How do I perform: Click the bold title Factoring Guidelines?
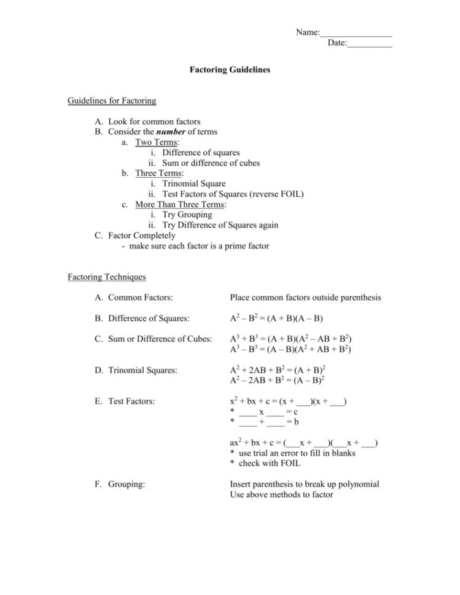click(x=230, y=70)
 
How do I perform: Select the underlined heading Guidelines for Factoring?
click(x=112, y=101)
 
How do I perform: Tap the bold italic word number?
click(x=171, y=132)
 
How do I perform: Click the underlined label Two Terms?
click(x=153, y=142)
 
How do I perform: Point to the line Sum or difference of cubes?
click(x=211, y=163)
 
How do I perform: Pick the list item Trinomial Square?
click(x=193, y=183)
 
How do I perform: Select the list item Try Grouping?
click(x=187, y=215)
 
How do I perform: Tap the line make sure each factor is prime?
click(x=195, y=246)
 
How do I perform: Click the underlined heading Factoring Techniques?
click(x=107, y=277)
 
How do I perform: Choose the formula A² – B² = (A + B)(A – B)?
click(x=276, y=318)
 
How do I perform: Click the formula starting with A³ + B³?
click(x=290, y=339)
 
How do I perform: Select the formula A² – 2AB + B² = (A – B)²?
click(x=277, y=380)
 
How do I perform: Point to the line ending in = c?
click(x=265, y=412)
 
